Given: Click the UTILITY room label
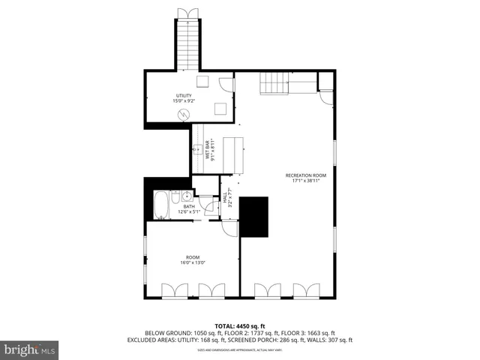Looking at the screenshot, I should tap(183, 96).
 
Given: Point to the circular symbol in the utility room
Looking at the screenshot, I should tap(184, 114).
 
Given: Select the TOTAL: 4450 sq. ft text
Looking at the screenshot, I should tap(241, 326).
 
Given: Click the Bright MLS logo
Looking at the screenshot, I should tap(30, 349).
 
